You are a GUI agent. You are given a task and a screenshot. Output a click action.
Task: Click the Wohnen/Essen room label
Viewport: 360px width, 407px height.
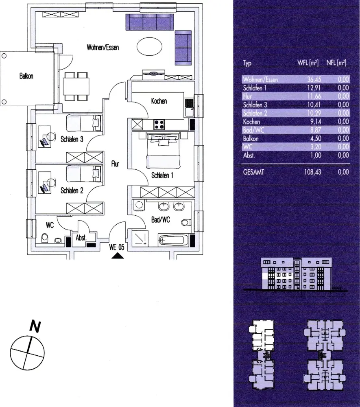103,47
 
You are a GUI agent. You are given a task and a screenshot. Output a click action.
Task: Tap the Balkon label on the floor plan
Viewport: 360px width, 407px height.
26,76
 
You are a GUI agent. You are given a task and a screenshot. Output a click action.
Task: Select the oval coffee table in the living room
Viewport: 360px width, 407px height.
149,46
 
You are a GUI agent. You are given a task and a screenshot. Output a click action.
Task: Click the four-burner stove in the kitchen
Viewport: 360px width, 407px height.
159,124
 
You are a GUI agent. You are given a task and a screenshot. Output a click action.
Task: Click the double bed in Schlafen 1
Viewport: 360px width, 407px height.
164,150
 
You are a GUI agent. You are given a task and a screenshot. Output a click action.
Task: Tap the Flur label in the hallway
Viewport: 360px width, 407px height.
115,164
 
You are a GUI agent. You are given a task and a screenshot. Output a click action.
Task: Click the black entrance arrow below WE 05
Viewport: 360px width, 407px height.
118,256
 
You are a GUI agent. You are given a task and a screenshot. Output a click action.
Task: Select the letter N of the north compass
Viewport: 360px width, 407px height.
35,326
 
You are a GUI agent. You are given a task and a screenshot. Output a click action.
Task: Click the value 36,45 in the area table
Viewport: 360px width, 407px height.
314,79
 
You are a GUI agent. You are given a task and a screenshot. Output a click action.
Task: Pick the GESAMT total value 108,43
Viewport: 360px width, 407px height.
312,172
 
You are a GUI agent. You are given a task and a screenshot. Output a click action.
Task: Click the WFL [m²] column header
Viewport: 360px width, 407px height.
308,63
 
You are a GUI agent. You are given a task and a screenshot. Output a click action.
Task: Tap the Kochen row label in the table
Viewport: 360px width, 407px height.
251,121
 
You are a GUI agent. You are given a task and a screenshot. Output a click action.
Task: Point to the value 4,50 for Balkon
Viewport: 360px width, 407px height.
316,138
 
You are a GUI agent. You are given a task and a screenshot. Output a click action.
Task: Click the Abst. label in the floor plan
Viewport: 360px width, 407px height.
81,238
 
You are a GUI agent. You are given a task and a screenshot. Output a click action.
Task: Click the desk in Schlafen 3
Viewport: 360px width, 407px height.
44,137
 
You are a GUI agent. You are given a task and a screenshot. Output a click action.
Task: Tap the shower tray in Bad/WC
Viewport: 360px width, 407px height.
140,239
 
